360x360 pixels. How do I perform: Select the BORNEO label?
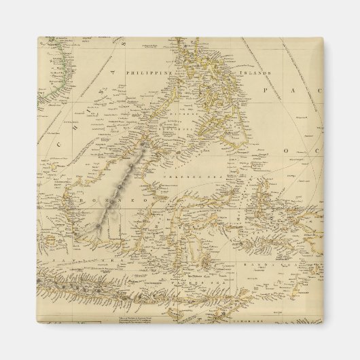tap(105, 202)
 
